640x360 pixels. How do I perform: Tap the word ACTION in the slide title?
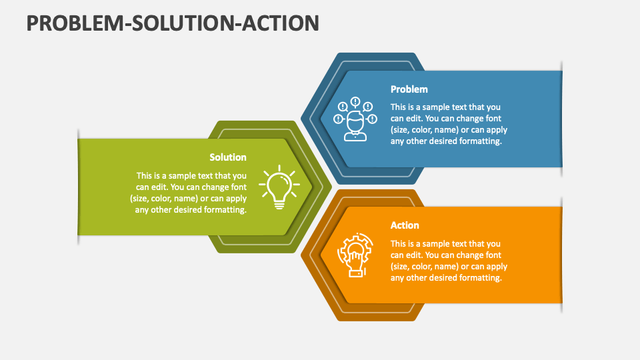(281, 23)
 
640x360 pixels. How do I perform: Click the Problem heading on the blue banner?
(409, 89)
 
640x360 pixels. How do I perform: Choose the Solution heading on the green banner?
(228, 157)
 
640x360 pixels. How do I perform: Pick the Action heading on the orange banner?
(405, 225)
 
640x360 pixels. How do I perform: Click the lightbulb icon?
(279, 187)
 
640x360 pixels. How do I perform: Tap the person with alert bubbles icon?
(355, 119)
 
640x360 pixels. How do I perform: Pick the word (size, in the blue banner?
(400, 130)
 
